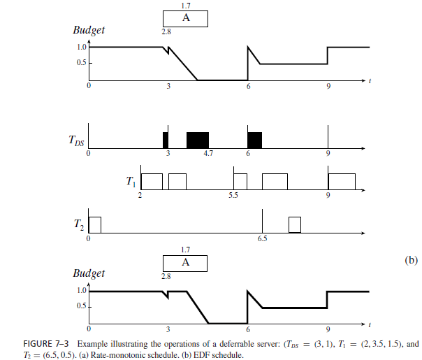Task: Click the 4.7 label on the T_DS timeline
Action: (208, 153)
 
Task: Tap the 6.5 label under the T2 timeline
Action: (263, 239)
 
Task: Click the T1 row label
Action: (130, 182)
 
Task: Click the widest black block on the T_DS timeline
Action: (198, 140)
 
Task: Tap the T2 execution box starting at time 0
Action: (95, 224)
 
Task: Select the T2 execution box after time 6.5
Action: (295, 224)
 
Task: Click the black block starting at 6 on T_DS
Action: (255, 140)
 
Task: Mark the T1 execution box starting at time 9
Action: (342, 181)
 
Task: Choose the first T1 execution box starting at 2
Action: (152, 181)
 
